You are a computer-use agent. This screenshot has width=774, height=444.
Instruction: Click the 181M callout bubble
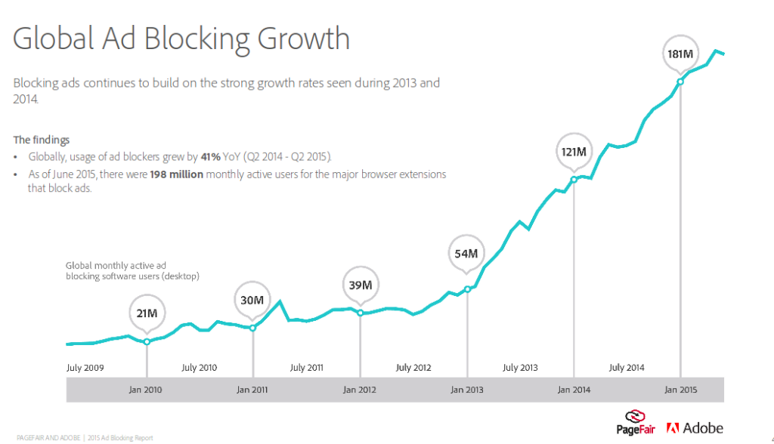pos(680,54)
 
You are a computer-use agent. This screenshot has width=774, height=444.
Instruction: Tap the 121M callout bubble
pos(574,152)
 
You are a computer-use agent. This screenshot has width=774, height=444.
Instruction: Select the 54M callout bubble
pos(466,254)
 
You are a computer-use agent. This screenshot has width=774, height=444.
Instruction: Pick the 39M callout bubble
pos(360,285)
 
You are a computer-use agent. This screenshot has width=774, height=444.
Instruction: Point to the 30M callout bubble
pos(252,300)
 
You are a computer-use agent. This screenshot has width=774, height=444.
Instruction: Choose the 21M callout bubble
pos(146,312)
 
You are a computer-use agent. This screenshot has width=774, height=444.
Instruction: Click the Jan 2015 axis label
pos(681,390)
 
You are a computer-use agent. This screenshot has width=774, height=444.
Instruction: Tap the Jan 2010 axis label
pos(147,390)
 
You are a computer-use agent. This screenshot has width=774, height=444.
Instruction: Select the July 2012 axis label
pos(413,368)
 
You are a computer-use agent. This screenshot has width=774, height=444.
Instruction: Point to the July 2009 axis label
pos(85,368)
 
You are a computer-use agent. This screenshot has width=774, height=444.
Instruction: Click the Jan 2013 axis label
pos(467,390)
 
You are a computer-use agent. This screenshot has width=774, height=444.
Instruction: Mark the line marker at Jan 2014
pos(574,180)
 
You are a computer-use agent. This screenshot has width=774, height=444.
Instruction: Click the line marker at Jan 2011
pos(252,328)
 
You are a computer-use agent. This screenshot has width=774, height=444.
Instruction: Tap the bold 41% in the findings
pos(210,156)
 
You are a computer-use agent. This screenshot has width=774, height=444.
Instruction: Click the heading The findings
pos(42,140)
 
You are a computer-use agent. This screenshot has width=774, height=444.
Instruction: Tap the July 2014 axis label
pos(627,368)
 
